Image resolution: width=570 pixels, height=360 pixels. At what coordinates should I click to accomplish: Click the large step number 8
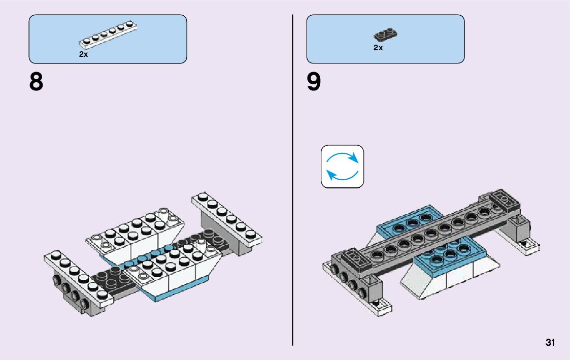coord(36,82)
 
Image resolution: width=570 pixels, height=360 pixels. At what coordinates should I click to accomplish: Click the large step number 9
coord(314,82)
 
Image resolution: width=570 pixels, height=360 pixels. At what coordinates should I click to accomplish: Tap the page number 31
coord(550,342)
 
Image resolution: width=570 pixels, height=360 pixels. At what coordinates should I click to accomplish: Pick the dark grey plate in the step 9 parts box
coord(385,35)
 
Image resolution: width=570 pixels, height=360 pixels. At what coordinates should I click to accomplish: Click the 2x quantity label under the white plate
coord(83,54)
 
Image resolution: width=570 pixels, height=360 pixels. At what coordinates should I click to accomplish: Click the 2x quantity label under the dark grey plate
coord(378,48)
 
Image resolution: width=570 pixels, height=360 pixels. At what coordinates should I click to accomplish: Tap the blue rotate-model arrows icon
coord(342,167)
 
